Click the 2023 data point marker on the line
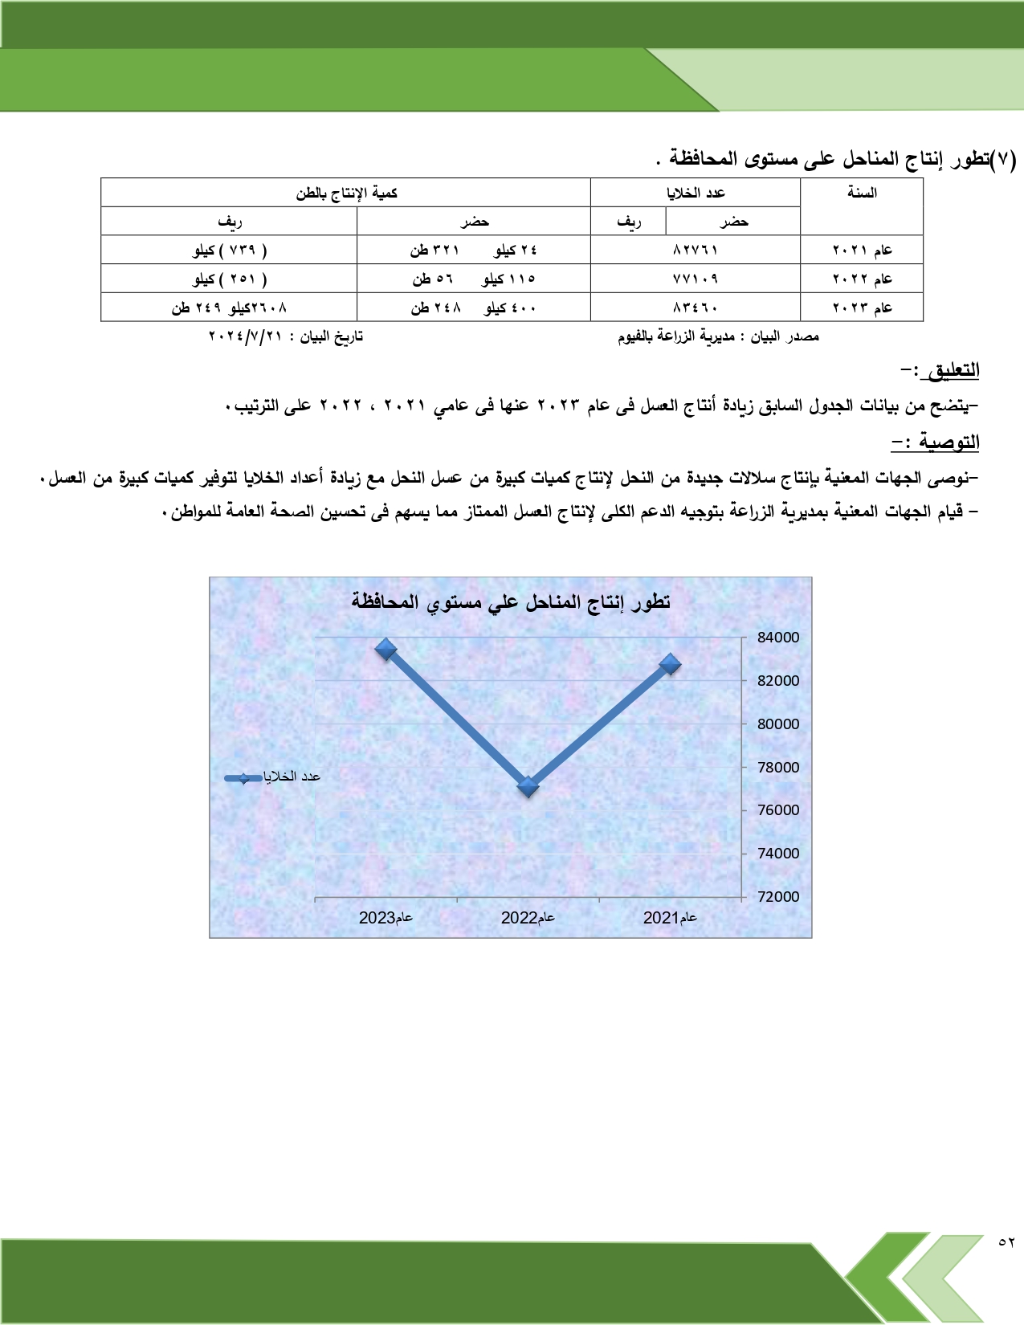[x=386, y=650]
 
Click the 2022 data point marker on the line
[x=528, y=787]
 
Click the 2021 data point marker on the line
[x=671, y=664]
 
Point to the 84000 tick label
[x=778, y=638]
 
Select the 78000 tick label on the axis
[x=778, y=767]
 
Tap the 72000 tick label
[x=778, y=897]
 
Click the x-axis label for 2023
[x=386, y=918]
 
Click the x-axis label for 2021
[x=670, y=918]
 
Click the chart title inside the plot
[x=511, y=602]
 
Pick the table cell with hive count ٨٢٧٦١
[x=696, y=251]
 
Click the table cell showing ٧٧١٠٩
[x=696, y=279]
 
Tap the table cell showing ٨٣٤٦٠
[x=696, y=308]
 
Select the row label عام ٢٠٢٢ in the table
[x=862, y=279]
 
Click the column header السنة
[x=862, y=193]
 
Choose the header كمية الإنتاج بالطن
[x=346, y=193]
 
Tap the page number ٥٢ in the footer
[x=1006, y=1241]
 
